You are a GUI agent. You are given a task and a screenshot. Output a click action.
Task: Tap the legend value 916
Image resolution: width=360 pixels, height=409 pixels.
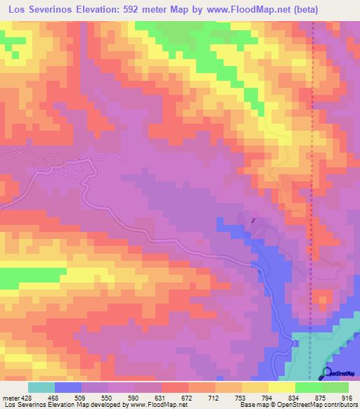(347, 397)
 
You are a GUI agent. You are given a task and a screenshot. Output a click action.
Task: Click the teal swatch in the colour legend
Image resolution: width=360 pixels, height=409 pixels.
(41, 387)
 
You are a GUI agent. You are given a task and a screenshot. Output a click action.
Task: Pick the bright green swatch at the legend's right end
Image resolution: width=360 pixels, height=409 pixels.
(335, 387)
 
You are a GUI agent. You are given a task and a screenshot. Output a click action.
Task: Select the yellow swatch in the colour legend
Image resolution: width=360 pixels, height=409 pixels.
(282, 387)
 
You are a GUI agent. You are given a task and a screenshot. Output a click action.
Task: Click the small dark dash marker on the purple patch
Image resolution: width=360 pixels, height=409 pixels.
(252, 220)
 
